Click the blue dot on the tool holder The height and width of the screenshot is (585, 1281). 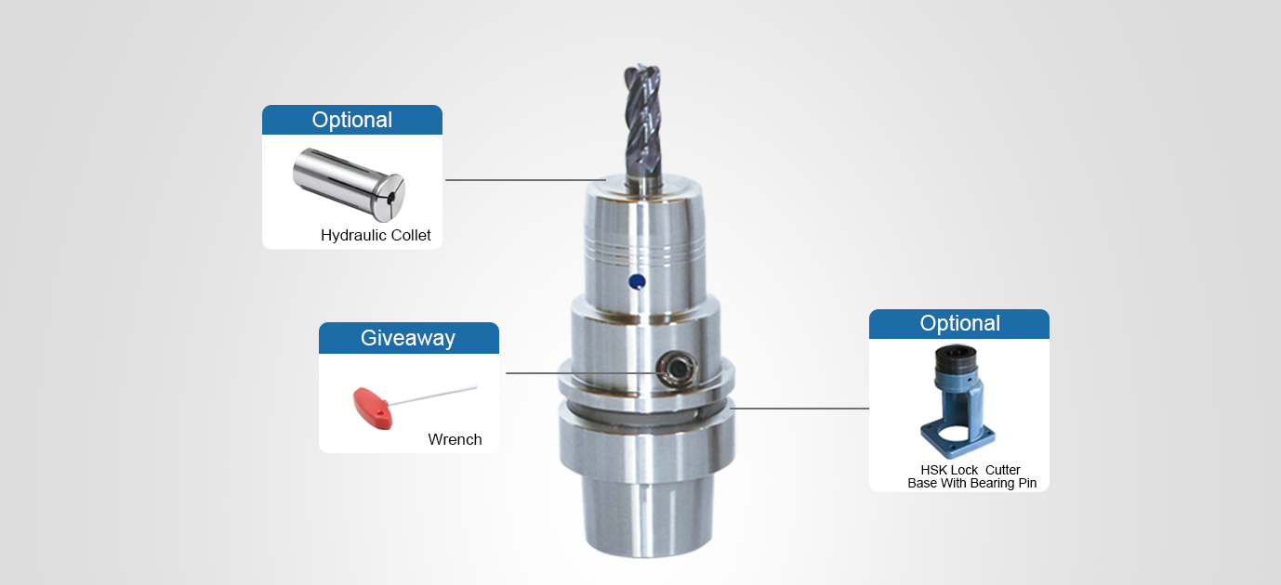point(637,281)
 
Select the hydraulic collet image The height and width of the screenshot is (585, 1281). point(349,184)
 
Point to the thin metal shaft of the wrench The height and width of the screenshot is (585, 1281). point(433,396)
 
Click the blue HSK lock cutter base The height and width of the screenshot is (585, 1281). point(957,402)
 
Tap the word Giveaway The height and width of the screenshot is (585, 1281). point(408,338)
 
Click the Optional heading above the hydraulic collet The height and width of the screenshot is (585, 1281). point(351,120)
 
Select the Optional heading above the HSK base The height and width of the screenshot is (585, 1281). point(959,323)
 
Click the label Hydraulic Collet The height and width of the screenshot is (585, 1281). point(376,235)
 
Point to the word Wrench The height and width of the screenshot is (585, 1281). point(455,439)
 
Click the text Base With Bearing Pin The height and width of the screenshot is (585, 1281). point(972,483)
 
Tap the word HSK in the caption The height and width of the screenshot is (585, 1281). point(934,470)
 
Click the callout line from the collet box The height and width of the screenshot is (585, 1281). point(525,180)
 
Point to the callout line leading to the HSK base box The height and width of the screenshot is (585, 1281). point(799,409)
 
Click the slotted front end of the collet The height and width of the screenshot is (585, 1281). point(390,199)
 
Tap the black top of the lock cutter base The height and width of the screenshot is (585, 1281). point(957,357)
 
